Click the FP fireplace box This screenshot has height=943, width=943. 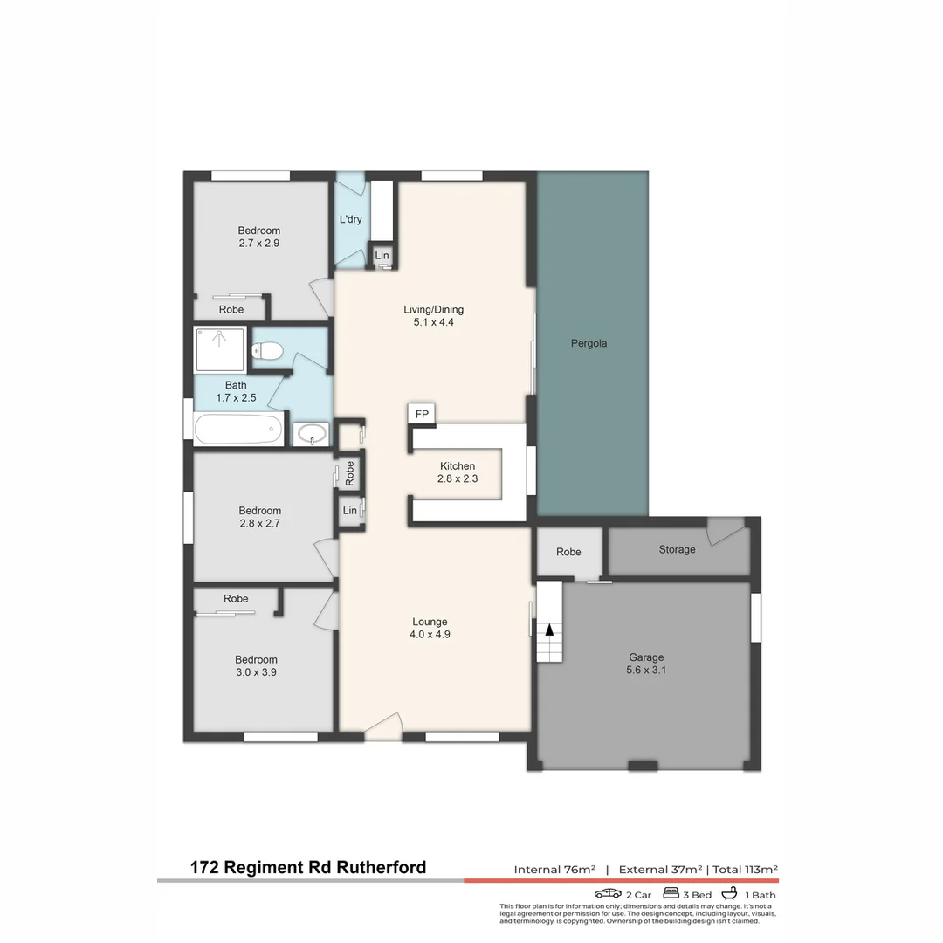[422, 414]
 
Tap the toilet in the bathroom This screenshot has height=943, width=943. [267, 352]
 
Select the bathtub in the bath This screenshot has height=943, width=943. [238, 430]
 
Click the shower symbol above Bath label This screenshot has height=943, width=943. [220, 348]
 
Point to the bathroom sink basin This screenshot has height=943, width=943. [312, 433]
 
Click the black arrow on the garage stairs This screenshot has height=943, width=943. [549, 629]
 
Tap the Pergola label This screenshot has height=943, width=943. [589, 343]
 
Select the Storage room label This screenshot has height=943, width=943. [677, 549]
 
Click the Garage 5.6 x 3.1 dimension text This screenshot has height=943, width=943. [646, 671]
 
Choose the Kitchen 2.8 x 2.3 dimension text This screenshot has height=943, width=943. [458, 478]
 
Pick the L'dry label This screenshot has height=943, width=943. [350, 219]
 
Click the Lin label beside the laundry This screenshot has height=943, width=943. [382, 255]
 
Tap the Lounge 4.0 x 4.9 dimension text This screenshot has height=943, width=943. [430, 635]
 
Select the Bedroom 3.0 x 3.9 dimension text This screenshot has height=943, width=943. [256, 672]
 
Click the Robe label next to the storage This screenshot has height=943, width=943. [568, 552]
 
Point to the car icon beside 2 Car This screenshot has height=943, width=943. [608, 894]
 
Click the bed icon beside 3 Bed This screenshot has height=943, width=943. [671, 893]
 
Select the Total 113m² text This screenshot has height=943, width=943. [745, 869]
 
